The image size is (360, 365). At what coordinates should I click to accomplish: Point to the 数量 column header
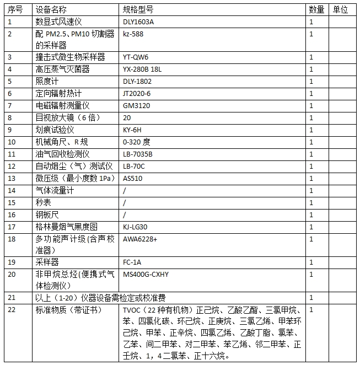(x=316, y=10)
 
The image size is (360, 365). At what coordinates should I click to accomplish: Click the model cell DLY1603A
(x=138, y=22)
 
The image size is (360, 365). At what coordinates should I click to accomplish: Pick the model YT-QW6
(x=136, y=57)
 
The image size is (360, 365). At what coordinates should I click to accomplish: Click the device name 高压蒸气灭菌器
(x=63, y=69)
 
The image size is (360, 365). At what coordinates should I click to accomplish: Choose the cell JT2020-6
(x=137, y=93)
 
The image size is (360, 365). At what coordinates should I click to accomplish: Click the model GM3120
(x=135, y=105)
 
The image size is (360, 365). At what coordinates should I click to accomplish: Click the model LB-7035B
(x=138, y=154)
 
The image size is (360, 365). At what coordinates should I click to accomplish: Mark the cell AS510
(x=132, y=178)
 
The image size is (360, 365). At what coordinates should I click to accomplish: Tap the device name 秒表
(x=44, y=202)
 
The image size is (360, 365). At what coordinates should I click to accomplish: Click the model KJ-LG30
(x=136, y=227)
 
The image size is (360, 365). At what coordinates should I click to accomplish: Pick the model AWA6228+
(x=140, y=239)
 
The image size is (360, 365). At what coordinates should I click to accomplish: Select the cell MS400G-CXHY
(x=146, y=274)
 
